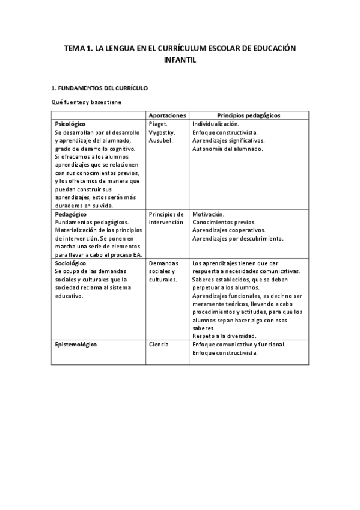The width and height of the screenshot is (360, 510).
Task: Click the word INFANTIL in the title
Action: tap(180, 60)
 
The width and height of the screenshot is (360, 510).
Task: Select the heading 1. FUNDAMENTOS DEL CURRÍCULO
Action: tap(99, 88)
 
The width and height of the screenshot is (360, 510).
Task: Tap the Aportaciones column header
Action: tap(167, 115)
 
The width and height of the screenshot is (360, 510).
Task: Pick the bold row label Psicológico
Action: tap(70, 123)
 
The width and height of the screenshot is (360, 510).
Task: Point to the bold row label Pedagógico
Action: tap(70, 214)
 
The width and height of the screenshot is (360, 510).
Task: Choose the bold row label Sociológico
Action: tap(70, 263)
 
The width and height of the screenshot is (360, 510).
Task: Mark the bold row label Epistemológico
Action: tap(76, 345)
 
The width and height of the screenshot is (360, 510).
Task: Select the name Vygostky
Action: tap(162, 132)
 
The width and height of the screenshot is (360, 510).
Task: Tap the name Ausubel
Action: tap(160, 140)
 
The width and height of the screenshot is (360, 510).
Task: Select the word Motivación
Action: tap(209, 214)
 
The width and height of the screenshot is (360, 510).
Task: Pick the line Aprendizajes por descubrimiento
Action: tap(237, 239)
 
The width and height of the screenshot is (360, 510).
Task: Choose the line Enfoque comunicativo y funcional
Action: tap(239, 345)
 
